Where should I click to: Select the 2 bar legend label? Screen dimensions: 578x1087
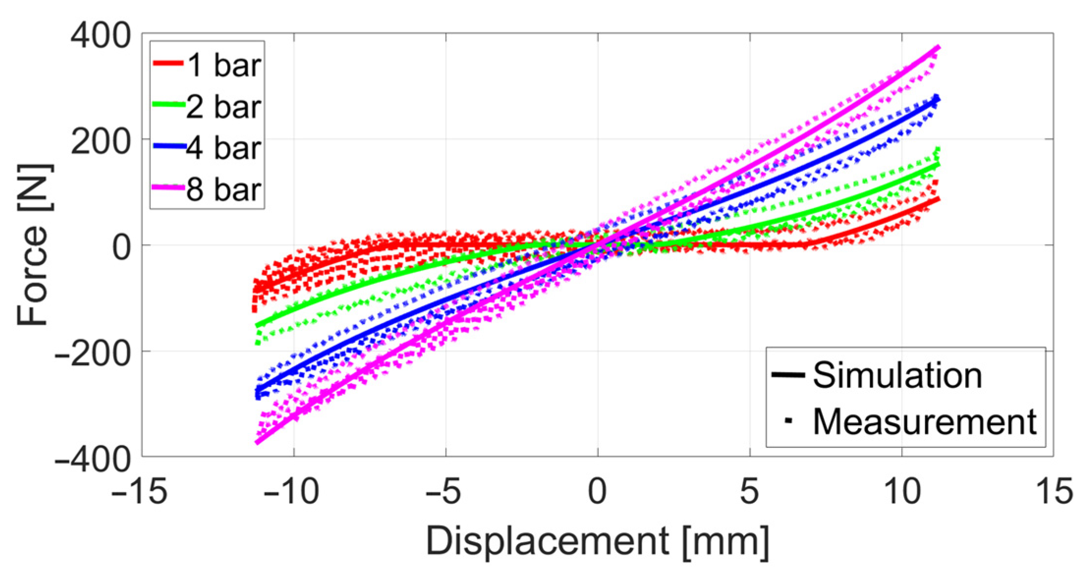coord(223,107)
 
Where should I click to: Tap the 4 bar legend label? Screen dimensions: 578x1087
coord(223,148)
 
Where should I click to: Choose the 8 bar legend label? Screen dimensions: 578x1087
coord(223,190)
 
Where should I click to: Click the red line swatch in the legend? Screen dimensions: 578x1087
coord(168,63)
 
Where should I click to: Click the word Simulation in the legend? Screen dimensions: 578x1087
coord(897,375)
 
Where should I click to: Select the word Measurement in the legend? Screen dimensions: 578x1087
coord(924,421)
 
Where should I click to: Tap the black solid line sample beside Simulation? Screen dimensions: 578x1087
coord(788,375)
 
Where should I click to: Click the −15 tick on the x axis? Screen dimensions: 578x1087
coord(139,491)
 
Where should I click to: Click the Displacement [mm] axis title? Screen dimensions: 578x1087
coord(597,542)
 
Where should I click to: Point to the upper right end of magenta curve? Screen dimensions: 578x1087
coord(938,47)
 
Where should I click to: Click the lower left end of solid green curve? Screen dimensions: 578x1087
coord(257,326)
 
